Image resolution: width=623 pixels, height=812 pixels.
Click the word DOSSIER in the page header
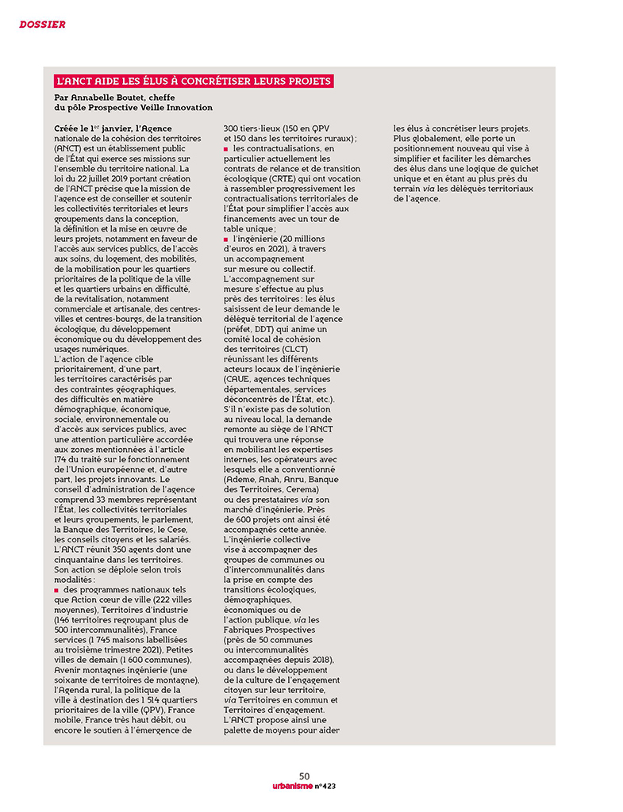[x=42, y=25]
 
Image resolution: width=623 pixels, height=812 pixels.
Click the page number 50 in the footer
[x=305, y=776]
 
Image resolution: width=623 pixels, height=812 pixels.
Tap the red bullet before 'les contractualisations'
[x=226, y=148]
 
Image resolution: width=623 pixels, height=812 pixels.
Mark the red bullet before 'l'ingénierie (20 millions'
[x=226, y=239]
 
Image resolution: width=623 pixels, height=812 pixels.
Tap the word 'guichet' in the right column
[x=513, y=168]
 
